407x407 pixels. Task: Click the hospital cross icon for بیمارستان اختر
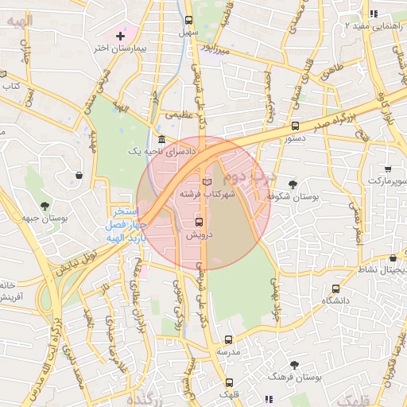(x=120, y=36)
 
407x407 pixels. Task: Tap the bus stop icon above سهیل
(x=188, y=21)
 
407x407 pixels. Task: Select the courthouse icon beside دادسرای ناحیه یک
(x=161, y=139)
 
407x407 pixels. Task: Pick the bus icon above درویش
(x=199, y=222)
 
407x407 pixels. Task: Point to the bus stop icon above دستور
(x=296, y=126)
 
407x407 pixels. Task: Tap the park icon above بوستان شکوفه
(x=293, y=184)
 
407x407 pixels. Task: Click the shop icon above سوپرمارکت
(x=387, y=169)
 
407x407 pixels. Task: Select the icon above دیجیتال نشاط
(x=393, y=258)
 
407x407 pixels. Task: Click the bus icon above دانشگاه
(x=335, y=289)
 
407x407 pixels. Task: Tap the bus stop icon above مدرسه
(x=228, y=339)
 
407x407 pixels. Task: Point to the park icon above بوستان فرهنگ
(x=294, y=365)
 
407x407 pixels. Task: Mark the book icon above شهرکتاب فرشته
(x=207, y=182)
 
